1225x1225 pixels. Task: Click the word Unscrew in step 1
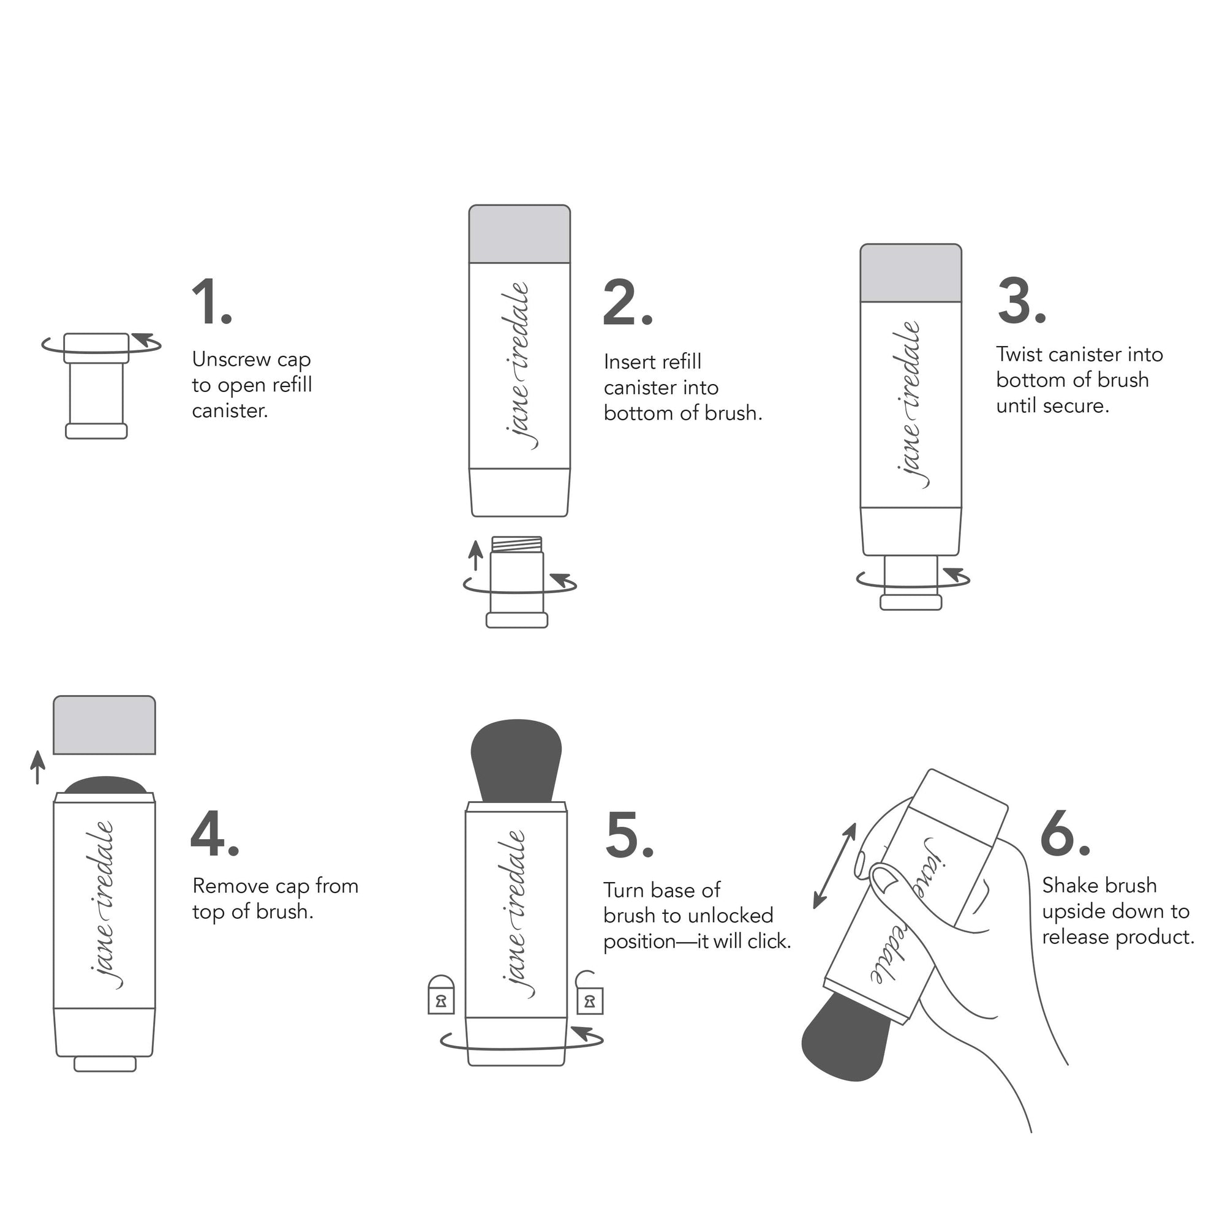232,360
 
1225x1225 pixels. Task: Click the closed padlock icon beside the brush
441,995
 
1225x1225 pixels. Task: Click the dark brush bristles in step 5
516,760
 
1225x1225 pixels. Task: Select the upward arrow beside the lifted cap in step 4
38,767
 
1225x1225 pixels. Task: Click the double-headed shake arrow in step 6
835,866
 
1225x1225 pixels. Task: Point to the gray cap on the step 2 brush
519,234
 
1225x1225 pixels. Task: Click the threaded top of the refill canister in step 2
517,544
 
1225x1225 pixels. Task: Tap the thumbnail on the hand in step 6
883,878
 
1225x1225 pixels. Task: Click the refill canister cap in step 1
96,347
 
